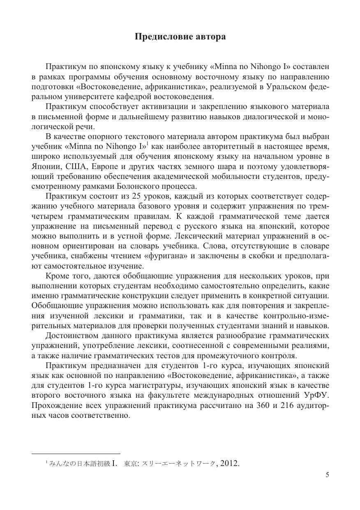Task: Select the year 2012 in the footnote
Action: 230,464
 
